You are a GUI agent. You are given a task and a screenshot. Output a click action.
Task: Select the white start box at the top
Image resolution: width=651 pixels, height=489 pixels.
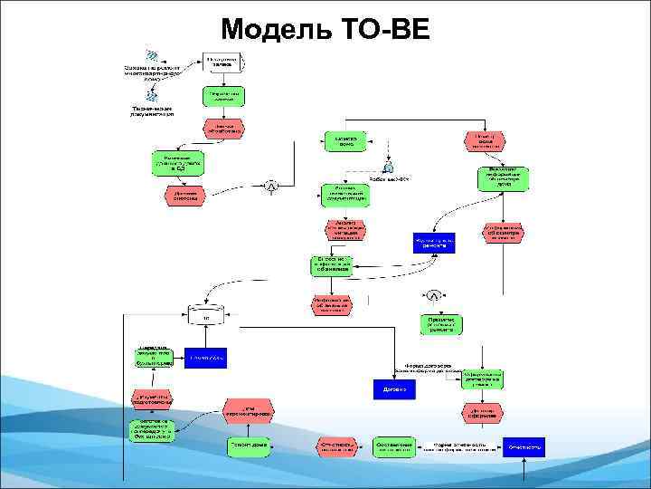222,61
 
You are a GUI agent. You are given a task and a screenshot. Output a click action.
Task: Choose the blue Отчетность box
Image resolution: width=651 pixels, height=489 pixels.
524,446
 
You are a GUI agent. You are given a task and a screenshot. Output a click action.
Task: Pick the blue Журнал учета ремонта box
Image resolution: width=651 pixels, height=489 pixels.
434,242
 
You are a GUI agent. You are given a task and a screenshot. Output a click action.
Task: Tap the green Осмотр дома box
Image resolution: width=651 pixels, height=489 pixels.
346,141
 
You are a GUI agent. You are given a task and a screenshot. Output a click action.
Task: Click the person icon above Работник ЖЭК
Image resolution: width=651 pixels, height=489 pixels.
387,167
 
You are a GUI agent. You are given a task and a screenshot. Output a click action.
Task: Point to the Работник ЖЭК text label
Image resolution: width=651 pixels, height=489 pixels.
389,179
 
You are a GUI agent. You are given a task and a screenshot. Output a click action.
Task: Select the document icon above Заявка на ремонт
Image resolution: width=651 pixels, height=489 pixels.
153,55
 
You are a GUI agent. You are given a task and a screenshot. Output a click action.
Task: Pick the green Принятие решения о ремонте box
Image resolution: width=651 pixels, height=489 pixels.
440,323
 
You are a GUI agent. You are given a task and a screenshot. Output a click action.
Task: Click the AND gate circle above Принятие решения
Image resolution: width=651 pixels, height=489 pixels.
434,296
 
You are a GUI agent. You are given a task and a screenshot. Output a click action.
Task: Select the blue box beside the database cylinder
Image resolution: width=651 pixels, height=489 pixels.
206,358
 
